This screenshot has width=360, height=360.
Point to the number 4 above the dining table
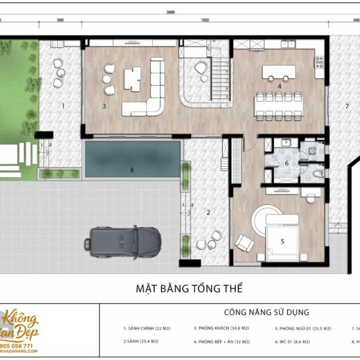coord(279,87)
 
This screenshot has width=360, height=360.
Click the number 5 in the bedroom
coord(282,242)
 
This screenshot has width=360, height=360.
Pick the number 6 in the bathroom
coord(287,163)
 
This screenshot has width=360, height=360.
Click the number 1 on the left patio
coord(62,106)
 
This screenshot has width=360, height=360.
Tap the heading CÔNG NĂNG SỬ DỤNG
coord(267,313)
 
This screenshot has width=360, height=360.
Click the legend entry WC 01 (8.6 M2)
coord(302,342)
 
